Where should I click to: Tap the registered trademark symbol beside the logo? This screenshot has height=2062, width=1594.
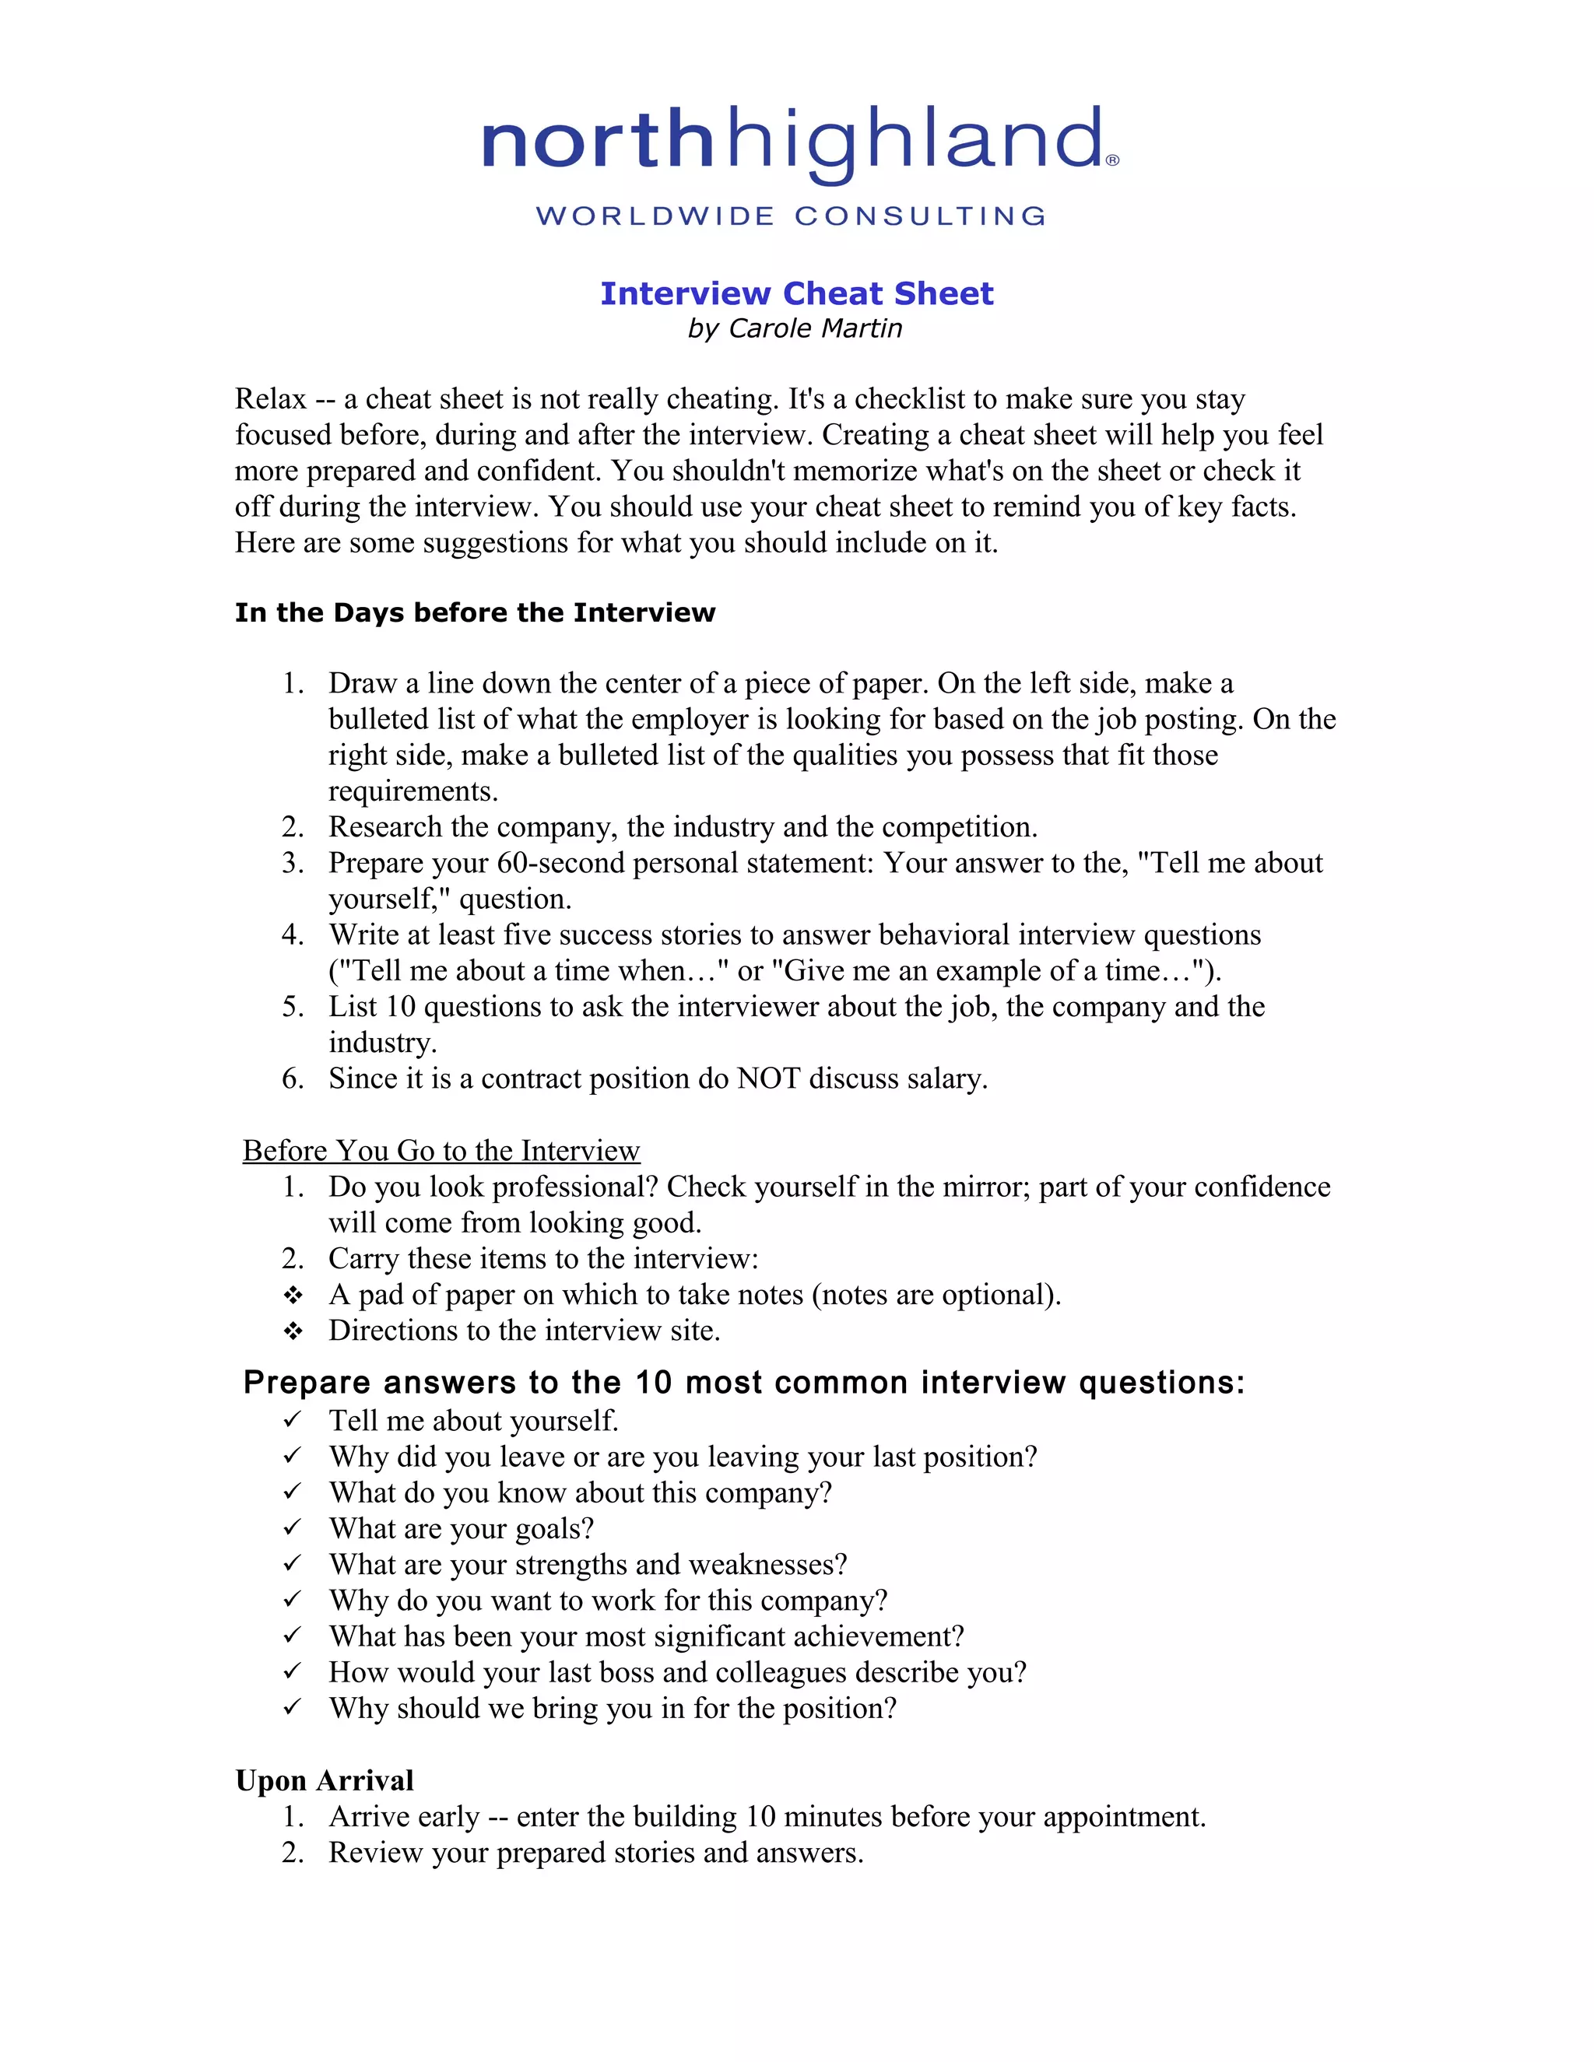pos(1112,160)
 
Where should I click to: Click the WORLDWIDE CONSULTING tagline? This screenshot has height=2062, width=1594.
pos(792,216)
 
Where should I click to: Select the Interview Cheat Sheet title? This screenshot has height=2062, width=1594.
pos(796,293)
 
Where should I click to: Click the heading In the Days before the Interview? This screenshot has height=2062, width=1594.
pos(475,612)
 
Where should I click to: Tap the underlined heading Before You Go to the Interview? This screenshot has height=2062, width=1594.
pos(441,1150)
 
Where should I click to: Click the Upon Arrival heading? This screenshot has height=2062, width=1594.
pos(324,1780)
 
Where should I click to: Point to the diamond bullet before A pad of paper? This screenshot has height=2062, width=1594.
pos(293,1295)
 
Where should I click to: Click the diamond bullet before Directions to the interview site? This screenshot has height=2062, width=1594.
pos(293,1331)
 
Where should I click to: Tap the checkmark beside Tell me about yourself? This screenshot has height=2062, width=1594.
pos(292,1419)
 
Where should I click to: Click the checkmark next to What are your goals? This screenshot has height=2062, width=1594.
pos(292,1527)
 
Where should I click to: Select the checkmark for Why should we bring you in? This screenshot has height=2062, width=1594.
pos(292,1706)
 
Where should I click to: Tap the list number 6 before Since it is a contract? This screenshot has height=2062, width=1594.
pos(292,1078)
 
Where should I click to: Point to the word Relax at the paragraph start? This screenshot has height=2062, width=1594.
pos(270,399)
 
